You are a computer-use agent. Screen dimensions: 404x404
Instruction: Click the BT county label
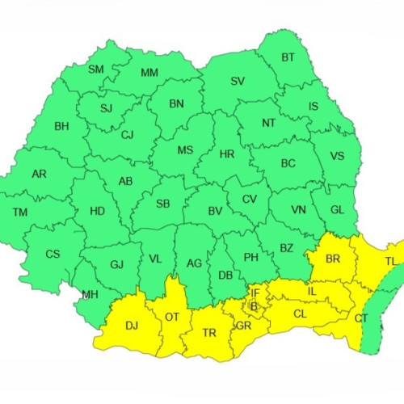pyautogui.click(x=288, y=57)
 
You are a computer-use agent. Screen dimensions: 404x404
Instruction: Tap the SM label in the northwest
pyautogui.click(x=96, y=69)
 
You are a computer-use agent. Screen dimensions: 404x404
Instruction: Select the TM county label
pyautogui.click(x=20, y=213)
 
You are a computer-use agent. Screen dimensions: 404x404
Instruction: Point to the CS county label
pyautogui.click(x=53, y=254)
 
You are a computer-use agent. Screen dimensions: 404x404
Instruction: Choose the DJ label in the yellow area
pyautogui.click(x=132, y=326)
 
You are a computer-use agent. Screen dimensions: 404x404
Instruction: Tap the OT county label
pyautogui.click(x=171, y=317)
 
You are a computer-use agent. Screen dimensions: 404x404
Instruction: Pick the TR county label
pyautogui.click(x=208, y=333)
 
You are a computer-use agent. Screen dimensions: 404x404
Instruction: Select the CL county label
pyautogui.click(x=300, y=314)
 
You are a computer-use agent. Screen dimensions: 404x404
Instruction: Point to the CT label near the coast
pyautogui.click(x=361, y=318)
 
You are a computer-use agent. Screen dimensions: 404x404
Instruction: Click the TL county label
pyautogui.click(x=390, y=261)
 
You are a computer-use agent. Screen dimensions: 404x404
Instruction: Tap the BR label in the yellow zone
pyautogui.click(x=332, y=259)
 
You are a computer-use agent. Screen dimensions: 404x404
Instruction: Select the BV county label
pyautogui.click(x=215, y=211)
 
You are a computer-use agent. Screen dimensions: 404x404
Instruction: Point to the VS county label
pyautogui.click(x=337, y=156)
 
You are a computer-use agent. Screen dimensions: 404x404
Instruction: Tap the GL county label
pyautogui.click(x=340, y=210)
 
